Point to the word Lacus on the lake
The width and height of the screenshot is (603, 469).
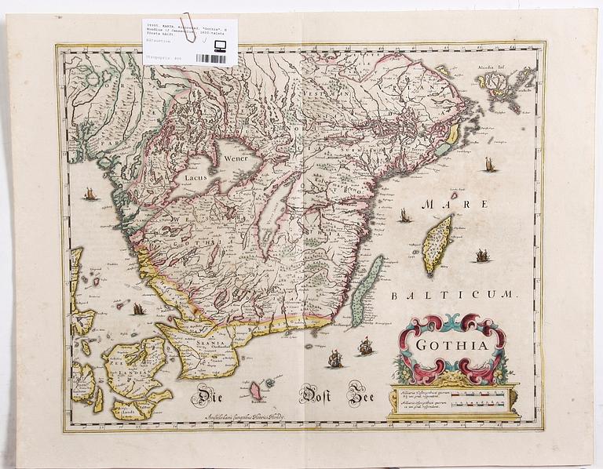pyautogui.click(x=195, y=178)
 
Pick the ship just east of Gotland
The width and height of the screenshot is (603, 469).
pyautogui.click(x=482, y=255)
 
